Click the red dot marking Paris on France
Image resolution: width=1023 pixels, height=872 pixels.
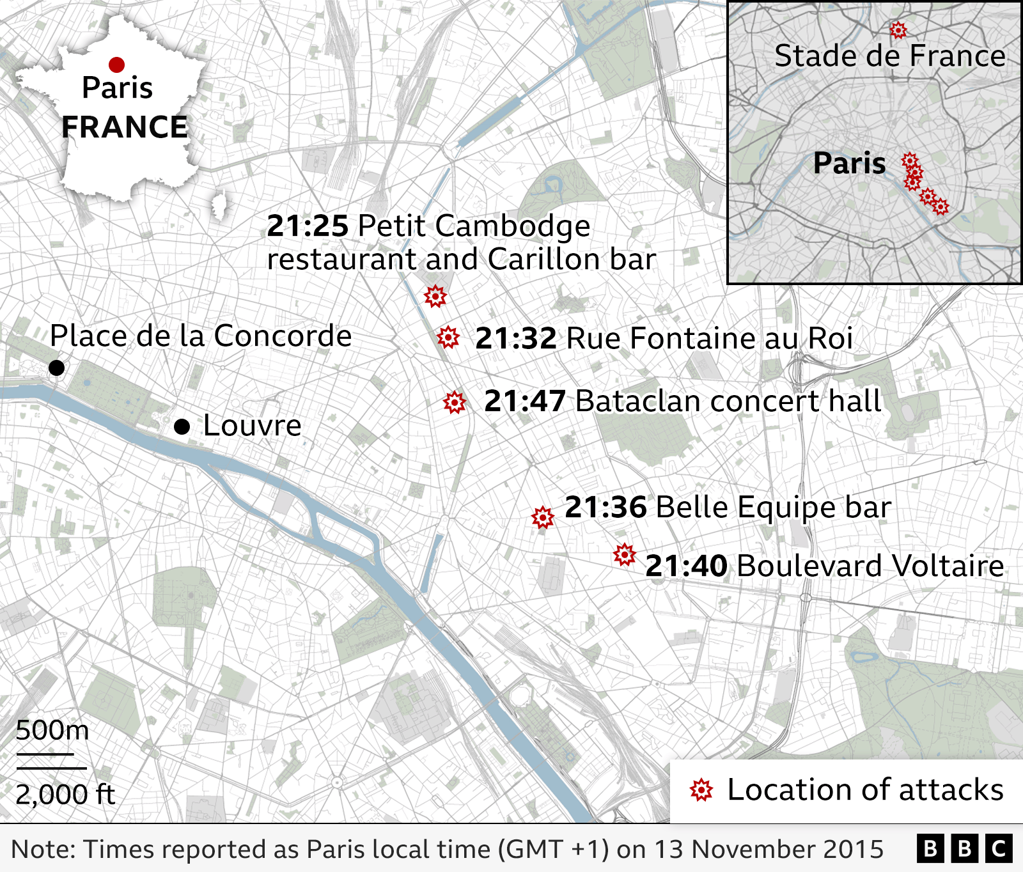coord(116,65)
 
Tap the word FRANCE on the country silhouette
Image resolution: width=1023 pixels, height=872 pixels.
coord(125,127)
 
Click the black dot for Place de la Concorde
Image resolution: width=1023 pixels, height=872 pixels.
coord(56,368)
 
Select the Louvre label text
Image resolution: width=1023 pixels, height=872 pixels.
coord(252,426)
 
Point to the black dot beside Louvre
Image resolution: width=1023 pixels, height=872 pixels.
coord(182,426)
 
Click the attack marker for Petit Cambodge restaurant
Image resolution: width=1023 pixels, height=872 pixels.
coord(435,296)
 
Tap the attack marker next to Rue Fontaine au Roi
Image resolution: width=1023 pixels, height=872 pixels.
coord(448,337)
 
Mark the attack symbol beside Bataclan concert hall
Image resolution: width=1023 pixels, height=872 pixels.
coord(455,402)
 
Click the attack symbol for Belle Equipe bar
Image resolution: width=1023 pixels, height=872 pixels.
coord(543,517)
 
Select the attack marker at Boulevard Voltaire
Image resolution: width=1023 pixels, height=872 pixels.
coord(625,554)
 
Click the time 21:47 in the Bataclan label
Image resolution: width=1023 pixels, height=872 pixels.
coord(524,401)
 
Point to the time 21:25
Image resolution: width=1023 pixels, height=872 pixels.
coord(308,226)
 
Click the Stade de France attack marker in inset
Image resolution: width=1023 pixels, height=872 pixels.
coord(898,29)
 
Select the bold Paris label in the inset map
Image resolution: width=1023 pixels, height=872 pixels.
coord(849,164)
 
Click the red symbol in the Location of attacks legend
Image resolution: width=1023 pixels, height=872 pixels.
coord(701,791)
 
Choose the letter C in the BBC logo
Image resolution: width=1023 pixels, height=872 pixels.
coord(999,849)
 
